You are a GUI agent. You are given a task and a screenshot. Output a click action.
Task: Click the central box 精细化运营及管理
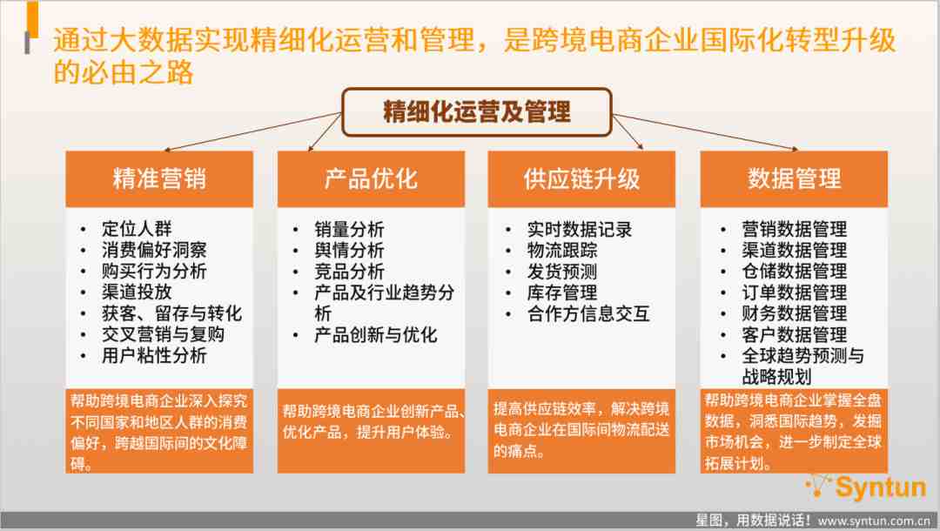pyautogui.click(x=477, y=112)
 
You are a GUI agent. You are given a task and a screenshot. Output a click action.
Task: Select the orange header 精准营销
pyautogui.click(x=159, y=178)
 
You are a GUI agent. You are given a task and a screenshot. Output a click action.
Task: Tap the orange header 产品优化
pyautogui.click(x=371, y=178)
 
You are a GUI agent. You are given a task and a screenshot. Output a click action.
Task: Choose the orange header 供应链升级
pyautogui.click(x=581, y=178)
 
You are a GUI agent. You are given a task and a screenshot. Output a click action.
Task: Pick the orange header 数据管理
pyautogui.click(x=794, y=178)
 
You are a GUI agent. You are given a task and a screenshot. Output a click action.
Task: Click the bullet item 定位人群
pyautogui.click(x=137, y=228)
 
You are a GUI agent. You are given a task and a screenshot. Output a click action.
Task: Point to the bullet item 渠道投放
pyautogui.click(x=137, y=292)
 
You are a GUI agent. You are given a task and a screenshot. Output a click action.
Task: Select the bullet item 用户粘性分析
pyautogui.click(x=154, y=355)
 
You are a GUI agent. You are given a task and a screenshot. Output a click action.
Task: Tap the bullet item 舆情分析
pyautogui.click(x=350, y=250)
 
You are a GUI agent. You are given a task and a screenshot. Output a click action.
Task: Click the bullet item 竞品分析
pyautogui.click(x=350, y=271)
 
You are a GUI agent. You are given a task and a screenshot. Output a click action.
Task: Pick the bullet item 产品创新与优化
pyautogui.click(x=376, y=334)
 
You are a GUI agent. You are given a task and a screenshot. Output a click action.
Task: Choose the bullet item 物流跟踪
pyautogui.click(x=562, y=250)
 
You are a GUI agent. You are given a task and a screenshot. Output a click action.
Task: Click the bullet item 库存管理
pyautogui.click(x=562, y=292)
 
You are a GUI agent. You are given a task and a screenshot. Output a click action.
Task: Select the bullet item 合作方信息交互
pyautogui.click(x=588, y=313)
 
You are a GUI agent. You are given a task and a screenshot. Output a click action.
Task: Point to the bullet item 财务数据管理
pyautogui.click(x=795, y=313)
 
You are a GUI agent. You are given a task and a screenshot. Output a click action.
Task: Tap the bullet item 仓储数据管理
pyautogui.click(x=795, y=271)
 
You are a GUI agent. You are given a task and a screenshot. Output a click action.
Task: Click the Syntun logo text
pyautogui.click(x=881, y=487)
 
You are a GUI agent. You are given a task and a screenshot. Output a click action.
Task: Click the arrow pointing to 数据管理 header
pyautogui.click(x=705, y=131)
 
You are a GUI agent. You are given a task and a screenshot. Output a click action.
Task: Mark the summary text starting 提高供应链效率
pyautogui.click(x=581, y=430)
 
